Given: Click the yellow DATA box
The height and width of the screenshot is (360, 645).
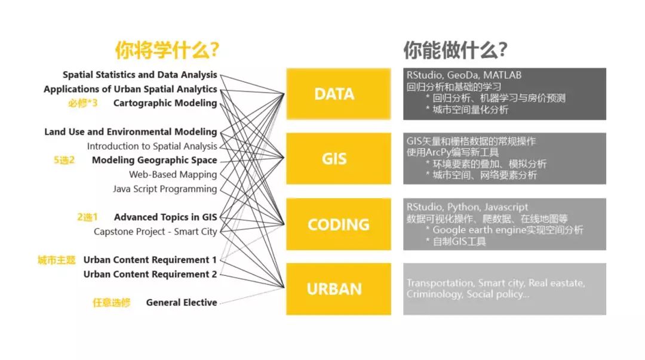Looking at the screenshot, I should click(334, 94).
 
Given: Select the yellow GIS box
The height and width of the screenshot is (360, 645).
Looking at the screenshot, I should click(334, 159).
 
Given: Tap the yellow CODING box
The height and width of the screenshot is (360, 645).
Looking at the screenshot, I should click(338, 224).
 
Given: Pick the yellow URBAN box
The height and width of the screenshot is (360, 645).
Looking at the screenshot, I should click(334, 289).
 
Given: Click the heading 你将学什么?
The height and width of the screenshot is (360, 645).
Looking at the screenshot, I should click(167, 51).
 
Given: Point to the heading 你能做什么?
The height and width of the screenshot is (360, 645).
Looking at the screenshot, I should click(455, 51).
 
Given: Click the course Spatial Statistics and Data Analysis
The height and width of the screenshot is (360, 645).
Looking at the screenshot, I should click(140, 75).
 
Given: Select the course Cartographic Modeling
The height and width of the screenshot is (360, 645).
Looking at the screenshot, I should click(165, 103).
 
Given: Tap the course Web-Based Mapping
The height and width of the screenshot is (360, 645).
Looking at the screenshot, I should click(173, 174).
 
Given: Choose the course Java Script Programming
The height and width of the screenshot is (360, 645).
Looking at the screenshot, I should click(165, 189).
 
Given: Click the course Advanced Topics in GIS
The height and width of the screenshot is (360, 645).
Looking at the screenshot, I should click(165, 217).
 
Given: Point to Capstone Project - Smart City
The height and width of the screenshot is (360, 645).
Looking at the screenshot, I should click(155, 232).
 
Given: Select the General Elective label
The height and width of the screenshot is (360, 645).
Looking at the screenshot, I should click(182, 303).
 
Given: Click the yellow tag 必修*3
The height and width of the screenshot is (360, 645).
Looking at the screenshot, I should click(82, 103).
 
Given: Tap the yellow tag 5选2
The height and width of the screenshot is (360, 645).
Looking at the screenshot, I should click(63, 160).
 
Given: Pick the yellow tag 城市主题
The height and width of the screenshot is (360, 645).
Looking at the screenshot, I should click(57, 260).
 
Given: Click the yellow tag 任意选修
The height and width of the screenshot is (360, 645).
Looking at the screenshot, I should click(111, 303).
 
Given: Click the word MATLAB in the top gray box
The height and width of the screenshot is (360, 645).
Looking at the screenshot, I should click(502, 75).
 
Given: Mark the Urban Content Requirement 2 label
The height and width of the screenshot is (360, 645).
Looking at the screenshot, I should click(150, 274).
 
